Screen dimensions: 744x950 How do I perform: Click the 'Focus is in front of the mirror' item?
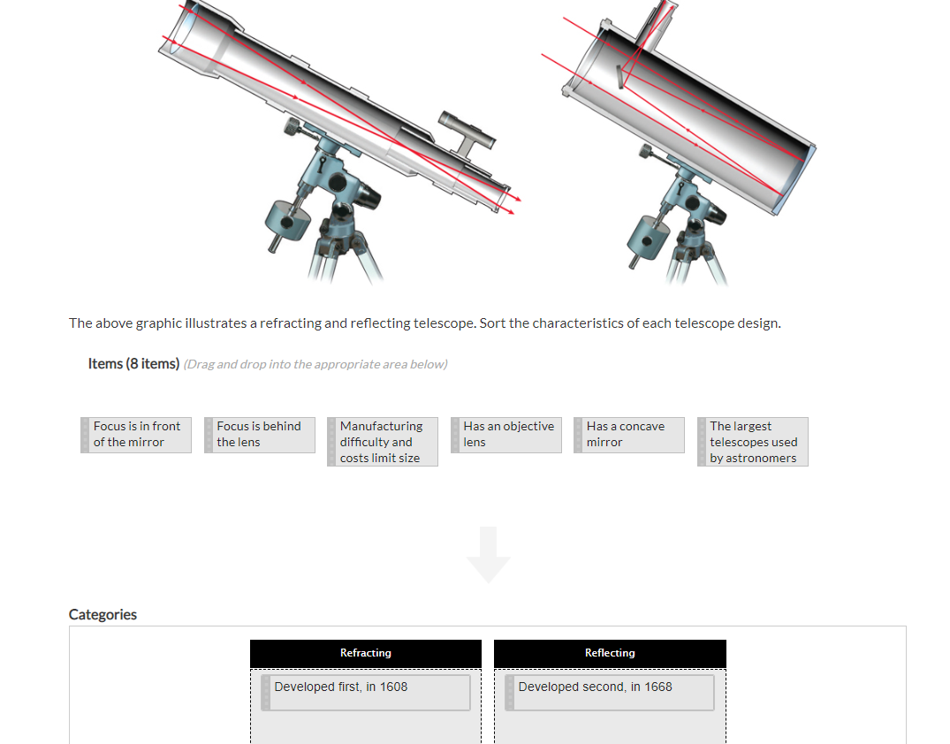pyautogui.click(x=136, y=435)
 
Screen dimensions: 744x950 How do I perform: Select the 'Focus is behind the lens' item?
pyautogui.click(x=260, y=435)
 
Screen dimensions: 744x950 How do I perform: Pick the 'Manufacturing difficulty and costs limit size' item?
pyautogui.click(x=383, y=442)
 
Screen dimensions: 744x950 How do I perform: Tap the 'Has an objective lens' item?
pyautogui.click(x=506, y=435)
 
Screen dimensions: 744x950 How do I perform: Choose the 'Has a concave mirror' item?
pyautogui.click(x=629, y=435)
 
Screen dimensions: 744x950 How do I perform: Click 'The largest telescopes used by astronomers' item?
pyautogui.click(x=753, y=442)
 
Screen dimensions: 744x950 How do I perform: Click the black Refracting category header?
pyautogui.click(x=366, y=653)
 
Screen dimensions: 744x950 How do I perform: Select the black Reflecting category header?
pyautogui.click(x=610, y=653)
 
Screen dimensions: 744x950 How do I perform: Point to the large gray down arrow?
pyautogui.click(x=489, y=555)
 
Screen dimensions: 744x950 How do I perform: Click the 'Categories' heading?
pyautogui.click(x=103, y=615)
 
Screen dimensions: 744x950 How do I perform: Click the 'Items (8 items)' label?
pyautogui.click(x=133, y=364)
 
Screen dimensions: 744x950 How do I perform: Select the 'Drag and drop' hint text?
pyautogui.click(x=315, y=365)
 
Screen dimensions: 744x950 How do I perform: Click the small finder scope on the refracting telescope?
pyautogui.click(x=467, y=132)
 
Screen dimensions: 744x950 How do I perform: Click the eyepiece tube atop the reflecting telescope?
pyautogui.click(x=660, y=22)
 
